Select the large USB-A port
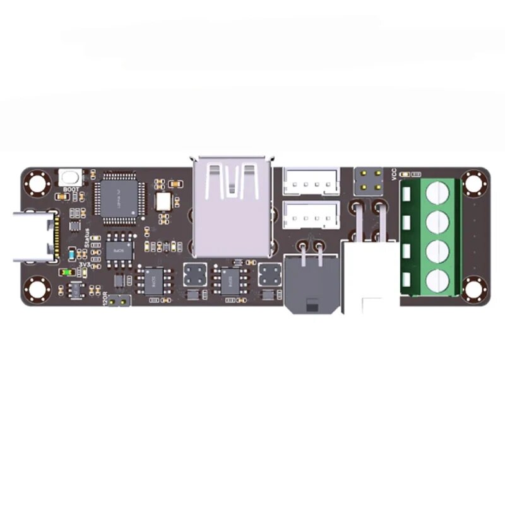232,208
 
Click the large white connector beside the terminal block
370,278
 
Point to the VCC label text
394,174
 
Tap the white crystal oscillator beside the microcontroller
163,201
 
